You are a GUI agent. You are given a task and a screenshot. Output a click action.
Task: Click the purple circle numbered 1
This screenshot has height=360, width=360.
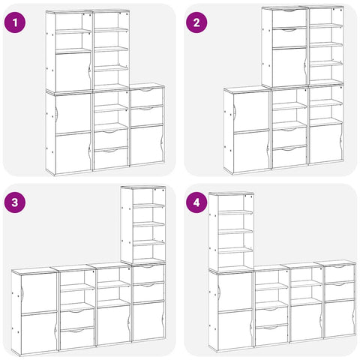(x=15, y=22)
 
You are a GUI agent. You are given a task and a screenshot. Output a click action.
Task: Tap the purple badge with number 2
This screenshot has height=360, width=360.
(x=196, y=22)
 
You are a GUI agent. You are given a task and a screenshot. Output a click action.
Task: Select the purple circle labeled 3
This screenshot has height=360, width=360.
(x=15, y=202)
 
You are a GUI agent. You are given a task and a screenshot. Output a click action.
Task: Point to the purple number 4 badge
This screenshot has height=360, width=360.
(x=196, y=202)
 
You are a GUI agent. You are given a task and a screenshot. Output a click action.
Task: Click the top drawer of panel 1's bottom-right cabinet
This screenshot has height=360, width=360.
(x=147, y=97)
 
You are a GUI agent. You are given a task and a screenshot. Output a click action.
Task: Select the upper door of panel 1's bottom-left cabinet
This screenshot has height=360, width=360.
(x=73, y=113)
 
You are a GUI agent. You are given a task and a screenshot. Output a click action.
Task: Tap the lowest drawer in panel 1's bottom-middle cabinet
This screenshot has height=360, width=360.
(x=111, y=158)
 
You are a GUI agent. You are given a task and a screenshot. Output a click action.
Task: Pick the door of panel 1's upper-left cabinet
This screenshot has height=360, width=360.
(x=73, y=72)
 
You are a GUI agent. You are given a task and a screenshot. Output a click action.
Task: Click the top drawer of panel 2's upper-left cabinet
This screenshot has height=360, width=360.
(x=289, y=17)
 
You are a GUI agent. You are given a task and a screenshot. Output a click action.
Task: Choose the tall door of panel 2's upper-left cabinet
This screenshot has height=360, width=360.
(x=289, y=67)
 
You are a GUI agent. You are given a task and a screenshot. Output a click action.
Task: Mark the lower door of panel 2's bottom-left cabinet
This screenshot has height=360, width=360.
(x=251, y=152)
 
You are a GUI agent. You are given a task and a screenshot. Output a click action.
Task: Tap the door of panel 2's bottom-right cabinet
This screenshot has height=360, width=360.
(x=325, y=143)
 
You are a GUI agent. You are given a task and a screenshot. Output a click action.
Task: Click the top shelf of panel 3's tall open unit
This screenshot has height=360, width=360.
(x=148, y=205)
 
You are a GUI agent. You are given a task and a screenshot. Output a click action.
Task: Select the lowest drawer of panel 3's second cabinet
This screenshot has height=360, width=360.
(x=77, y=338)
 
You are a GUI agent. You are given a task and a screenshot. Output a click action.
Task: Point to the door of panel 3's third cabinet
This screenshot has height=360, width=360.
(x=114, y=325)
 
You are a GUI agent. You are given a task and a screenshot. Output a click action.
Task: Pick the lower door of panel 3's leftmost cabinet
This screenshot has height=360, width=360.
(x=39, y=333)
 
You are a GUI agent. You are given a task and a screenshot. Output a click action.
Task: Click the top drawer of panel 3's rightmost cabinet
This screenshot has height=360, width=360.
(x=148, y=274)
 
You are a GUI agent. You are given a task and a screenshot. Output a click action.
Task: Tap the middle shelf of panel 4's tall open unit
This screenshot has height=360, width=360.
(x=235, y=231)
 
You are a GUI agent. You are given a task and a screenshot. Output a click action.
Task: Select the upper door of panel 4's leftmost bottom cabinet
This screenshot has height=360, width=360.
(x=235, y=292)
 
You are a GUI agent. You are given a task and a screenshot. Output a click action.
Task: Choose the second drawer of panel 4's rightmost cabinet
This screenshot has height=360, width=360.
(x=339, y=291)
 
